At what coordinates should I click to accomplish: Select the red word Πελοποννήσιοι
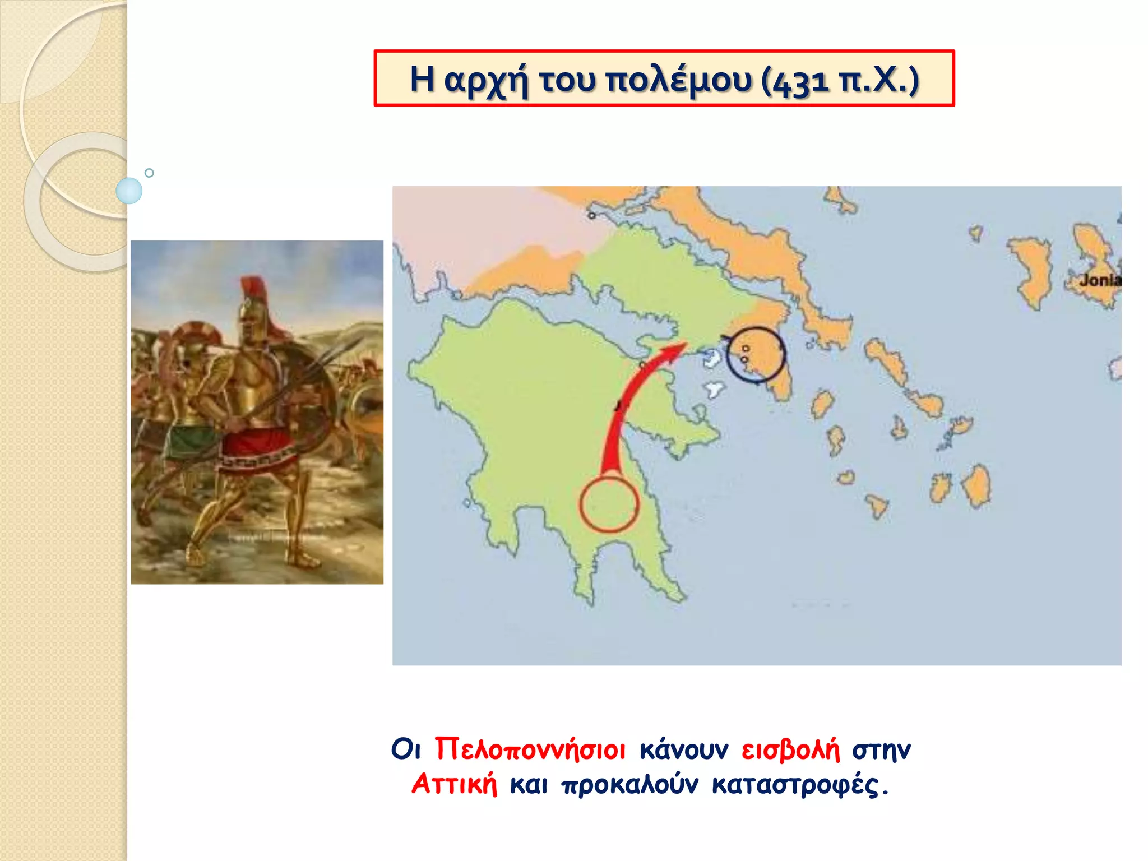coord(530,749)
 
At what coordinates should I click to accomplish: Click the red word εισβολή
coord(790,749)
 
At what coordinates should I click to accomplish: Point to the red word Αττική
coord(455,784)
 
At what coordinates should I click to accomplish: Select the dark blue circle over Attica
coord(756,355)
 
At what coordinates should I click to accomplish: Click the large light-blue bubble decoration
coord(129,191)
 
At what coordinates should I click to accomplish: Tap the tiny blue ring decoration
coord(149,173)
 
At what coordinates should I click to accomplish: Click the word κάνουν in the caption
coord(684,750)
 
